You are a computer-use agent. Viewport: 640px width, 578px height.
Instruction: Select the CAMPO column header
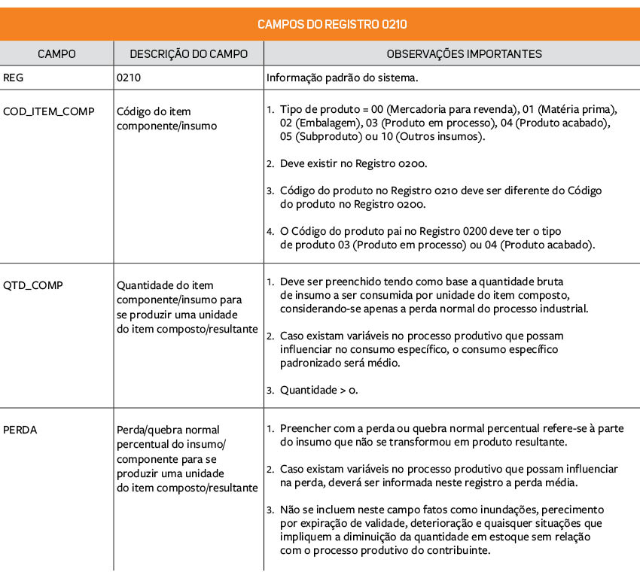point(56,54)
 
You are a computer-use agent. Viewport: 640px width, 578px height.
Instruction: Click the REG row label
point(13,77)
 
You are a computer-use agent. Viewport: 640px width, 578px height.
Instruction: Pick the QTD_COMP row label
point(33,285)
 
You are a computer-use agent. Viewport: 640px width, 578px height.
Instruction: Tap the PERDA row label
point(20,430)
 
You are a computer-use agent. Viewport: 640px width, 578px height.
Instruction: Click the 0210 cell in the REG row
point(129,77)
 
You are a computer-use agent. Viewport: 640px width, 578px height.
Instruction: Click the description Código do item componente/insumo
point(166,119)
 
